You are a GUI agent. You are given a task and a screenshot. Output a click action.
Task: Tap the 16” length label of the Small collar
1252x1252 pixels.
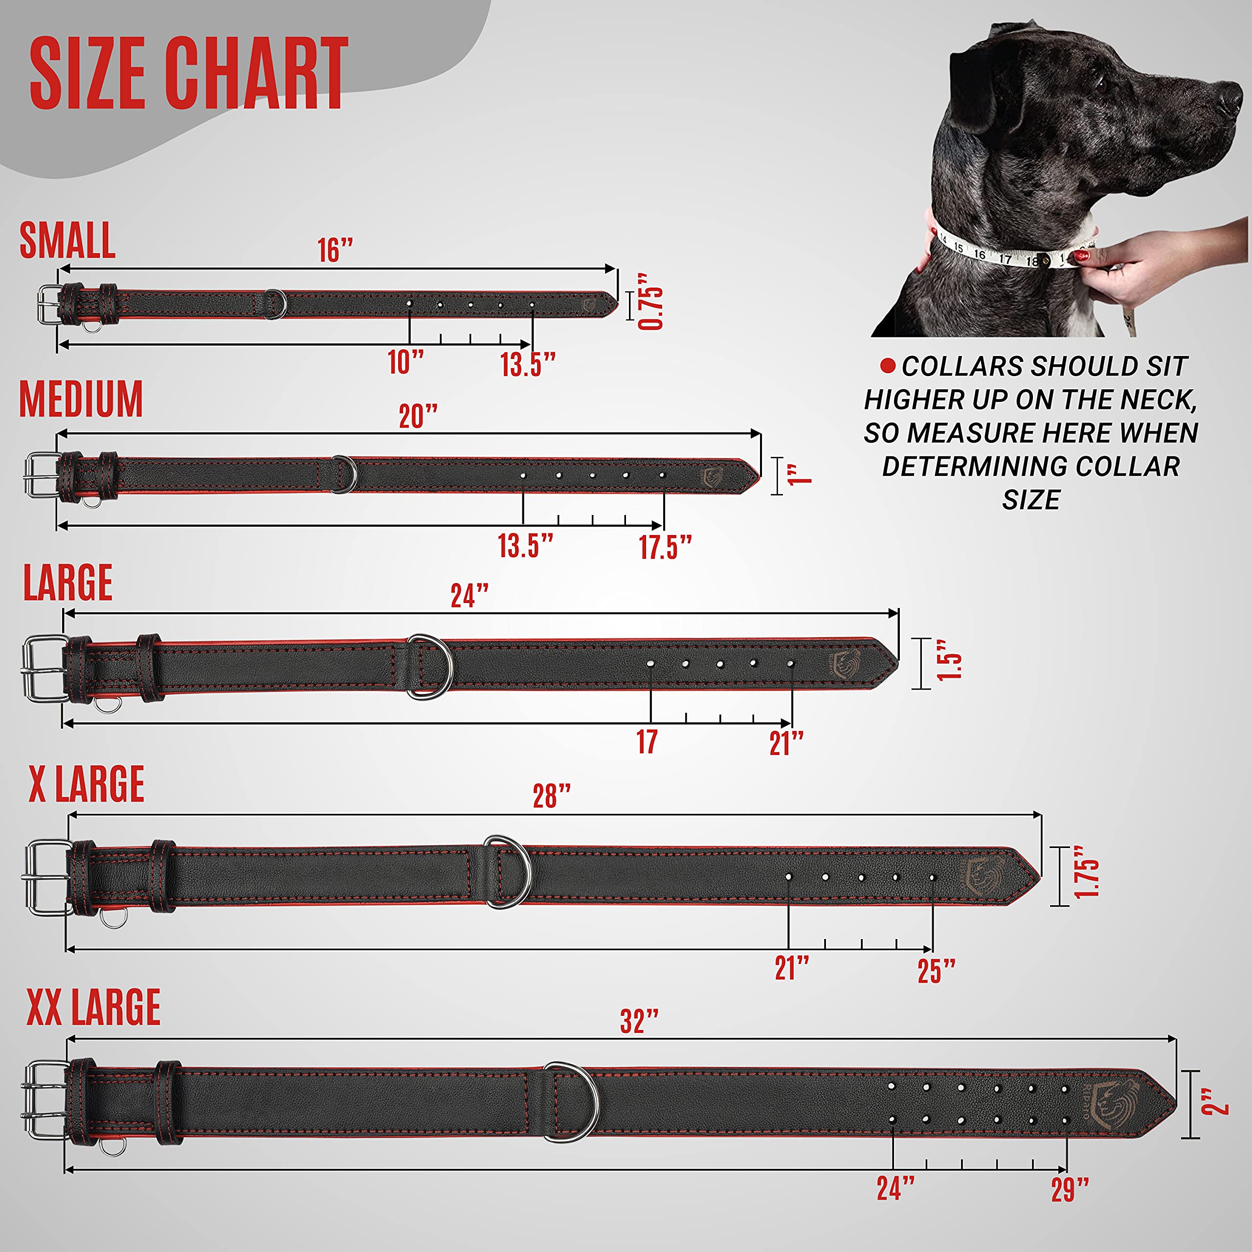click(335, 250)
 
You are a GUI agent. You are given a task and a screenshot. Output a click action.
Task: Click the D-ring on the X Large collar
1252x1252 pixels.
click(509, 872)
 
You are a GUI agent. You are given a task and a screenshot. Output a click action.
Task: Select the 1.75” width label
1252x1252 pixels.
click(1087, 872)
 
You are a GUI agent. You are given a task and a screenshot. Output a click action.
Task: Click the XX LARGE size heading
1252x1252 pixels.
click(93, 1007)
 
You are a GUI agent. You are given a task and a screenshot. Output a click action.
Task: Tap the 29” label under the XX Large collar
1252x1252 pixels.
click(1069, 1190)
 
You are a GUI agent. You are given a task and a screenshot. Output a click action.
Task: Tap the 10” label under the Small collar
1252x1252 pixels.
click(405, 361)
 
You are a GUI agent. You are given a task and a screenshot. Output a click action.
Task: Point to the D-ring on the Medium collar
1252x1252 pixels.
click(343, 474)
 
